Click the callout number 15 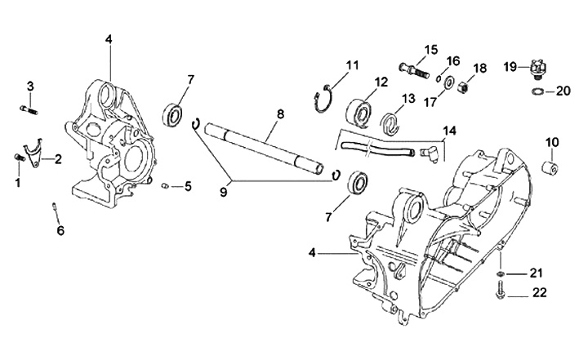431,50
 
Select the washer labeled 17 448,83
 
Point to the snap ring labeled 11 323,99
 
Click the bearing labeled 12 359,111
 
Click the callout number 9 224,193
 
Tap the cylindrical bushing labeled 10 551,166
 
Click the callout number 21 536,273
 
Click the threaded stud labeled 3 28,110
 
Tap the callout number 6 60,231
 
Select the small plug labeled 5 164,185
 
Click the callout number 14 450,131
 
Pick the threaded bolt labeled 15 413,71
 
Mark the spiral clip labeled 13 390,123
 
